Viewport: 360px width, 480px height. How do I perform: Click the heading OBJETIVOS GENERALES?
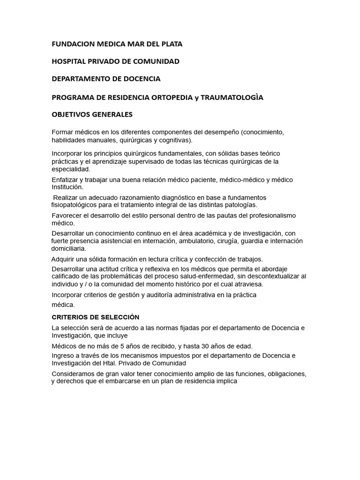[x=92, y=114]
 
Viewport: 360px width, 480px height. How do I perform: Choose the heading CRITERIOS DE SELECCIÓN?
[x=95, y=317]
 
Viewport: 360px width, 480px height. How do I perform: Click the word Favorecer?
[x=67, y=216]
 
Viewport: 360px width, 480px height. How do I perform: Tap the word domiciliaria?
[x=69, y=248]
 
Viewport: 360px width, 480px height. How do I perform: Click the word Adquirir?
[x=64, y=259]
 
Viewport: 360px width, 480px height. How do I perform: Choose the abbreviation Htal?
[x=109, y=363]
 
